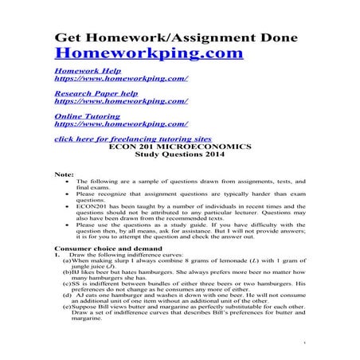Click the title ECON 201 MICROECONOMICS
coord(181,147)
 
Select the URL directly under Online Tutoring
coord(121,124)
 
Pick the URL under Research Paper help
coord(121,102)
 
